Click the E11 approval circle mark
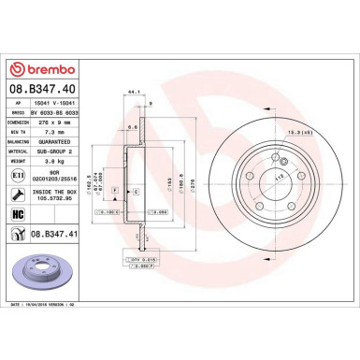(18, 173)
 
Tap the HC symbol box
(18, 214)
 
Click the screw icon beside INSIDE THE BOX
(18, 194)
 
